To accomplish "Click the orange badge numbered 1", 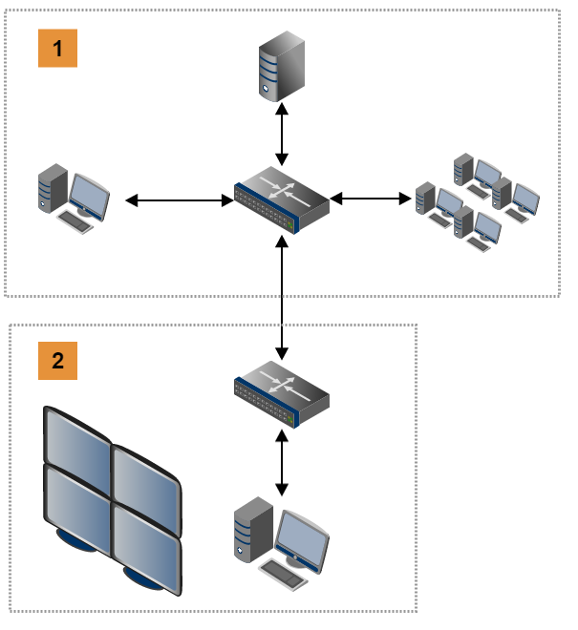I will [x=57, y=48].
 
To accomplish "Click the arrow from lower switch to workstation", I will [x=282, y=462].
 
